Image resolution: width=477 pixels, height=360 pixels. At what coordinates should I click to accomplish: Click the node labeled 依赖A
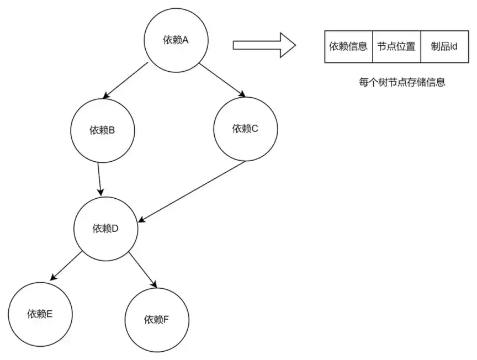(x=176, y=40)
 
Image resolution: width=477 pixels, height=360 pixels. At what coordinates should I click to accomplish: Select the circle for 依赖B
(x=102, y=131)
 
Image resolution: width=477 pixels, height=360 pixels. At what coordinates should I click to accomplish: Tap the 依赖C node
(x=245, y=129)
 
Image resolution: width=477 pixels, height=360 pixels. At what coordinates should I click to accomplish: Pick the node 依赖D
(x=106, y=228)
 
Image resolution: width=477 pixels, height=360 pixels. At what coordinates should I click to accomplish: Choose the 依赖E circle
(x=40, y=314)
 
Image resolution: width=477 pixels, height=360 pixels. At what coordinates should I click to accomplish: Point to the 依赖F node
(x=157, y=319)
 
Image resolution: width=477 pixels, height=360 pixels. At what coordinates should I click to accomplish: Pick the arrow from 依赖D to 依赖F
(x=143, y=269)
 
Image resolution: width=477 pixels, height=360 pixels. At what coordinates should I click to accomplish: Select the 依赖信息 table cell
(x=348, y=47)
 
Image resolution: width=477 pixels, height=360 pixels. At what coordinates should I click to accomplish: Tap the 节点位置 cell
(x=396, y=47)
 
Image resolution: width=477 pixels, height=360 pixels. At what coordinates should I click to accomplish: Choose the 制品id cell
(x=444, y=47)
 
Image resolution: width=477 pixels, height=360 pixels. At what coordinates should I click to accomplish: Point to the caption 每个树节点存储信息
(x=402, y=83)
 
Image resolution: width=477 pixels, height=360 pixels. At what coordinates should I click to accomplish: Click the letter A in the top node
(x=185, y=40)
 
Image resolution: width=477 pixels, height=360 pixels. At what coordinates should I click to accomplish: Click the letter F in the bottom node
(x=167, y=319)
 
